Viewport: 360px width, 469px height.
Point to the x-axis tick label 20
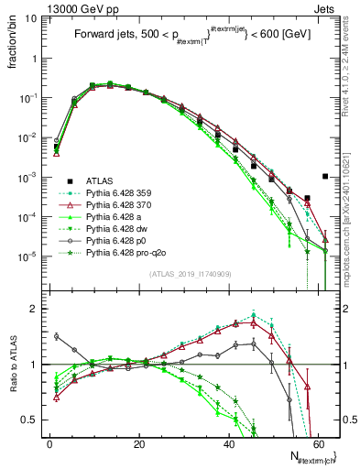tap(139, 442)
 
